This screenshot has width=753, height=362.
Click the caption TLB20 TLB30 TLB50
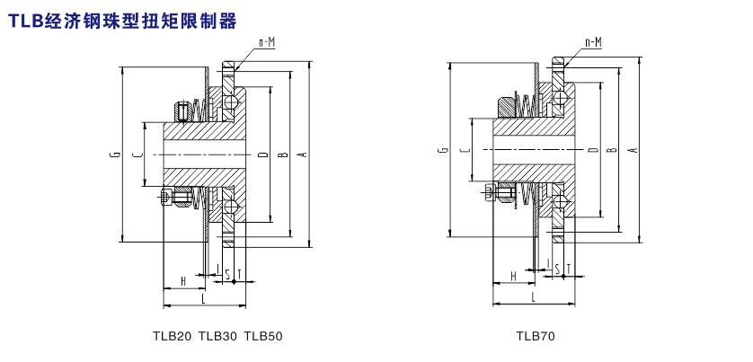point(218,337)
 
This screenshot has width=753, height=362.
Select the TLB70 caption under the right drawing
point(536,337)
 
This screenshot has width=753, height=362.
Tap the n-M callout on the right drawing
point(592,42)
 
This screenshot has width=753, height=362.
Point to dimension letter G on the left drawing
point(116,155)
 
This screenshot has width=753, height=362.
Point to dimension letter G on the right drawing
point(445,150)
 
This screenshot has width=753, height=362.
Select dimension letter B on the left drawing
point(283,155)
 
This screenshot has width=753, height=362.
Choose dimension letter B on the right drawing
point(612,150)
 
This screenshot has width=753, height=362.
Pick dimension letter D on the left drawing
point(262,155)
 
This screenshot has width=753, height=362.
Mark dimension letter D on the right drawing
point(592,150)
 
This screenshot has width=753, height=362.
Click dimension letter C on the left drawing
point(137,155)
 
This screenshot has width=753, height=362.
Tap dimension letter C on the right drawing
point(464,150)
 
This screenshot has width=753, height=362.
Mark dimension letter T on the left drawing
point(239,272)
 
